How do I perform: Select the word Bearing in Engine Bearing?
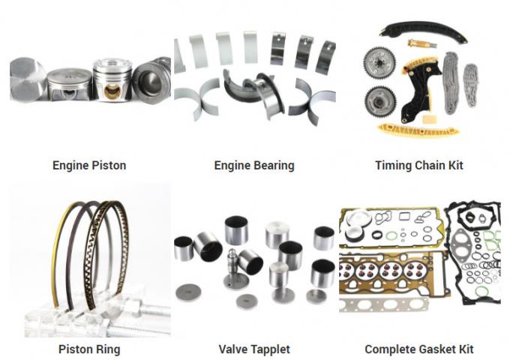coord(274,166)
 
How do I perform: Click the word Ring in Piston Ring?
coord(108,349)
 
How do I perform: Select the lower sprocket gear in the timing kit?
coord(380,102)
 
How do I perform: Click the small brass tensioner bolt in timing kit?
coord(418,43)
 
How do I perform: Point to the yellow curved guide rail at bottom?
coord(418,130)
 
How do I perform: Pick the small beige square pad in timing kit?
coord(430,119)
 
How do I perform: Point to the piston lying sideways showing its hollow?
coord(152,80)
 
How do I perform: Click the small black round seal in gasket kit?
coord(377,234)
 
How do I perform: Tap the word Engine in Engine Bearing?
coord(232,166)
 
